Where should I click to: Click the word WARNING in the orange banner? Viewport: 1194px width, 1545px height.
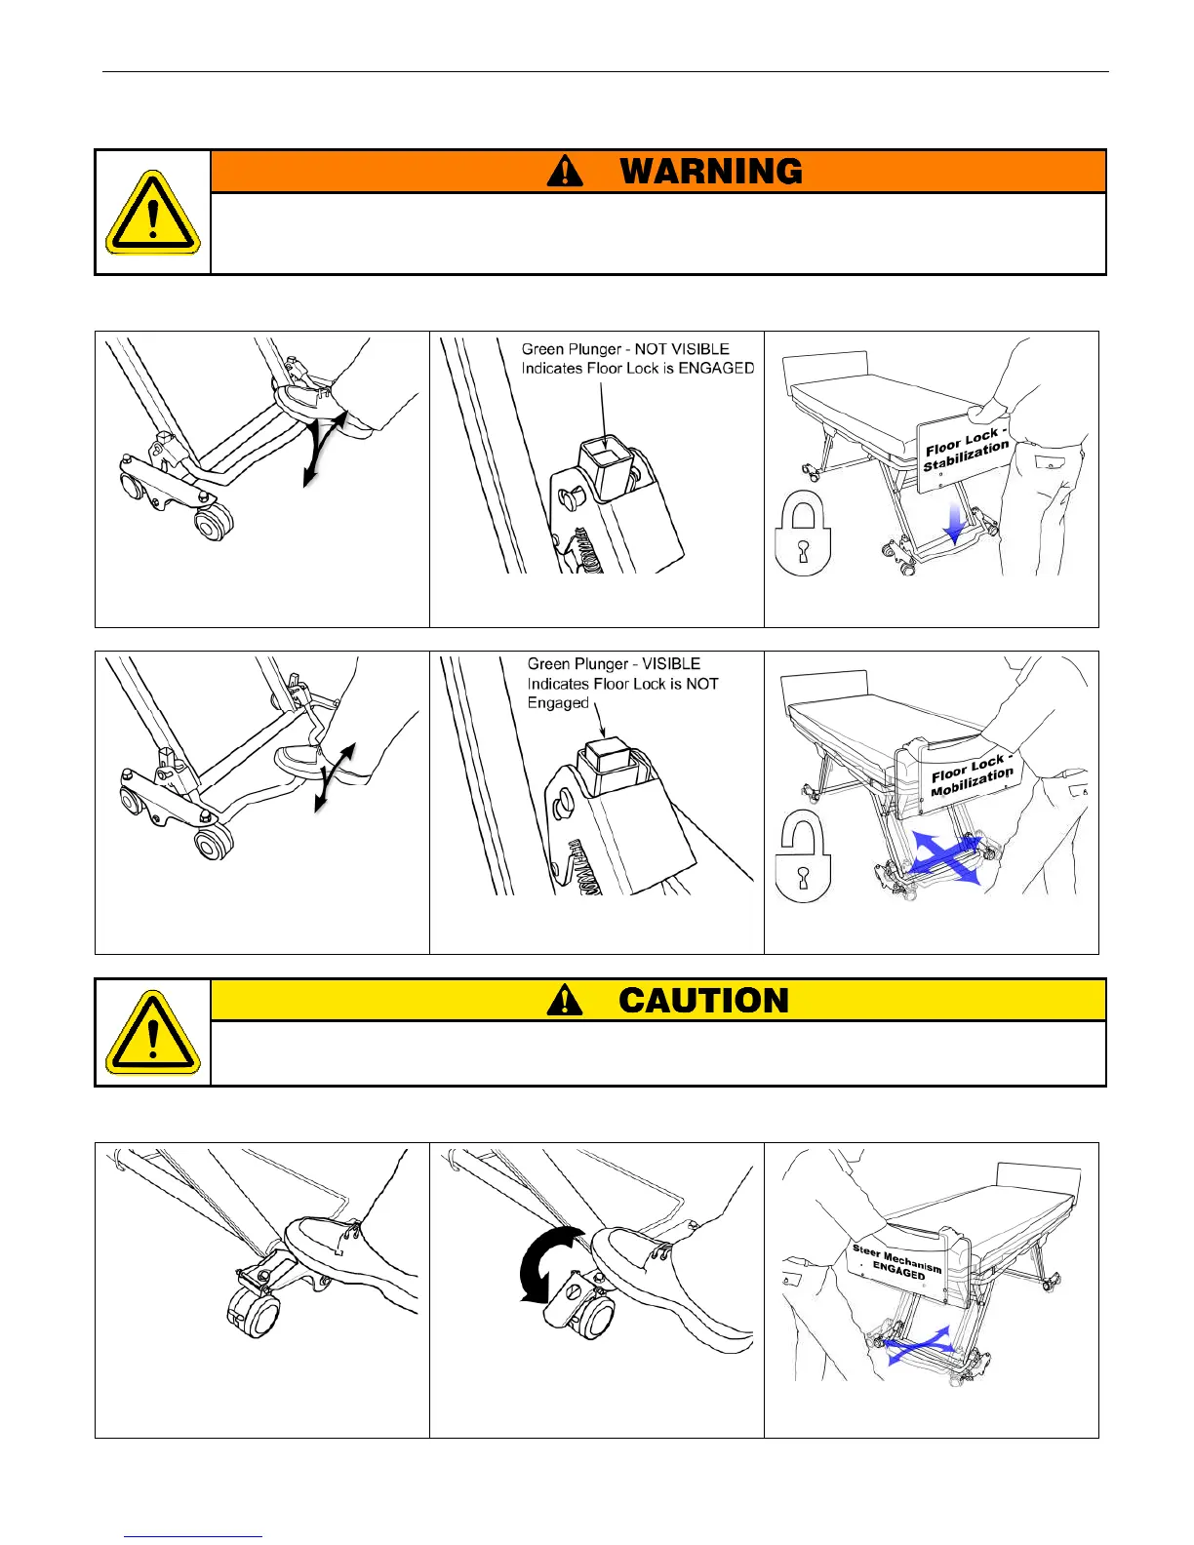pyautogui.click(x=711, y=172)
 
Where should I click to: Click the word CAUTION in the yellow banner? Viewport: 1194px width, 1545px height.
pyautogui.click(x=703, y=1001)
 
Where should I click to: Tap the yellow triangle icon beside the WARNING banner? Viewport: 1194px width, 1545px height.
pyautogui.click(x=152, y=213)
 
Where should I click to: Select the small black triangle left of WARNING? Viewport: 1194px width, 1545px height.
pyautogui.click(x=565, y=172)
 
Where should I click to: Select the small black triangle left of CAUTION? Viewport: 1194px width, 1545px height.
pyautogui.click(x=565, y=1001)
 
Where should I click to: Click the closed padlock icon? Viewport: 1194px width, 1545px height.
pyautogui.click(x=802, y=535)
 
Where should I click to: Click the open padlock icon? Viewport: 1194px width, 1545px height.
pyautogui.click(x=802, y=859)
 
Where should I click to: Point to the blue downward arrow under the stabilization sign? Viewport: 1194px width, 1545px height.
pyautogui.click(x=956, y=524)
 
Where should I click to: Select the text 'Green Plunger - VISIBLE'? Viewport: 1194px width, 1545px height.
pyautogui.click(x=614, y=664)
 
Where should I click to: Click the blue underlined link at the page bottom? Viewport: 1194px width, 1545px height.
pyautogui.click(x=193, y=1536)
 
